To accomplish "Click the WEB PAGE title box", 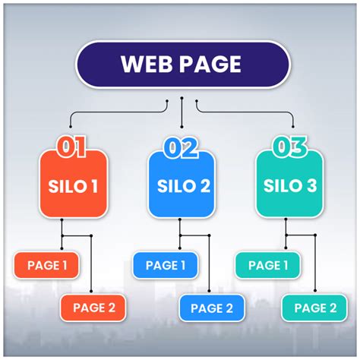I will point(182,64).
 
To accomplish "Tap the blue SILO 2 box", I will point(183,185).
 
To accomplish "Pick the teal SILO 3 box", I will point(289,185).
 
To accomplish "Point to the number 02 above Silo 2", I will point(183,146).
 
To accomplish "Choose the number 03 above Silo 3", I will point(290,146).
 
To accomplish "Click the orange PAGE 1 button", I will point(46,265).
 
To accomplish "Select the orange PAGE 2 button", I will point(93,308).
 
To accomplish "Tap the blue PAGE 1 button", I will point(165,265).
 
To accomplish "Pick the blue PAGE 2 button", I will point(212,308).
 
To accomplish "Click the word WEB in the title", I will point(146,64).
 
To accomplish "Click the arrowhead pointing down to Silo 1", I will point(71,128).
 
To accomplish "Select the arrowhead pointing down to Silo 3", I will point(292,128).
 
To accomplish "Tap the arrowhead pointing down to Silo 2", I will point(182,128).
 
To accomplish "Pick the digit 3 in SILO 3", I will point(314,185).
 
